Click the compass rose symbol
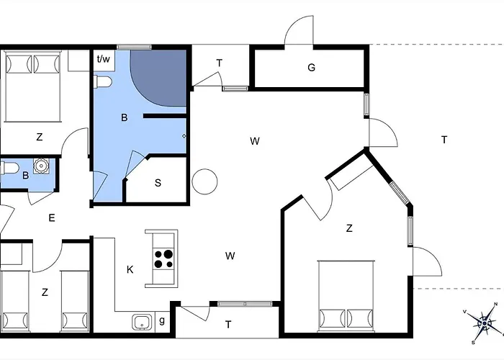pyautogui.click(x=485, y=321)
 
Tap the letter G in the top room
pyautogui.click(x=311, y=68)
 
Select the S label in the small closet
pyautogui.click(x=158, y=183)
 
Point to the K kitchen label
pyautogui.click(x=130, y=270)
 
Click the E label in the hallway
pyautogui.click(x=51, y=217)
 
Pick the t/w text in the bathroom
pyautogui.click(x=104, y=59)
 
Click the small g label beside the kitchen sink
pyautogui.click(x=161, y=320)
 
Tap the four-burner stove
pyautogui.click(x=164, y=258)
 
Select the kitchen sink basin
pyautogui.click(x=141, y=321)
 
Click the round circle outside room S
pyautogui.click(x=204, y=181)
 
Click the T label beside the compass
pyautogui.click(x=444, y=140)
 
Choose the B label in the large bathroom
pyautogui.click(x=124, y=117)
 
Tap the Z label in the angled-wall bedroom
pyautogui.click(x=349, y=228)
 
